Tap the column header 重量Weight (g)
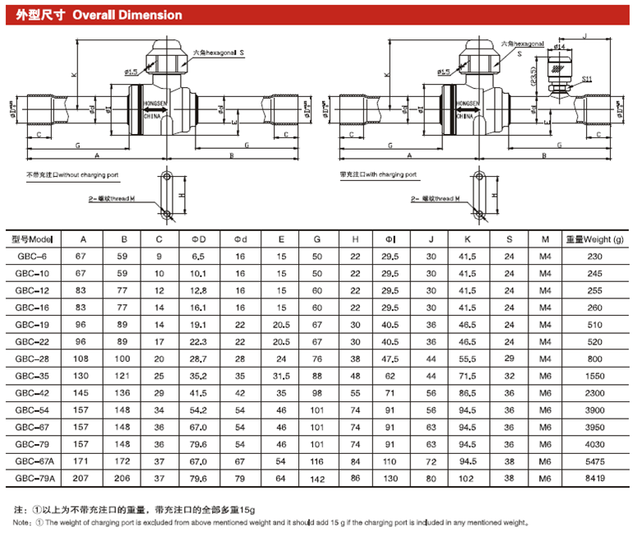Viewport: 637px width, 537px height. (594, 239)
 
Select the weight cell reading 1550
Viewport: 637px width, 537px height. (594, 375)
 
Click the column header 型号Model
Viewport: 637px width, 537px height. (33, 239)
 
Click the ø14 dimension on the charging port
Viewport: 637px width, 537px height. (560, 48)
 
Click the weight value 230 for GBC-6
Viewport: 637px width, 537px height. (594, 257)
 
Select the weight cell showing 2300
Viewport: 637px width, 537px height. (594, 392)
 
